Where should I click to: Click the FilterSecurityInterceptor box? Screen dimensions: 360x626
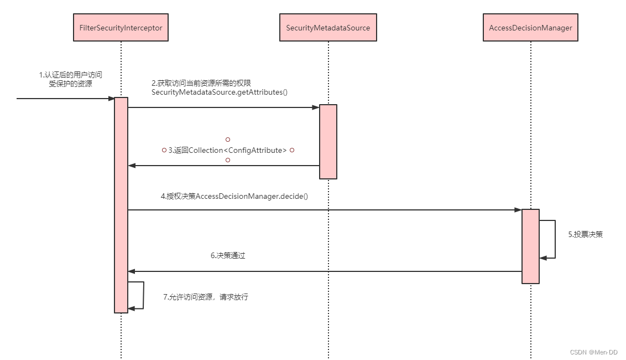[121, 28]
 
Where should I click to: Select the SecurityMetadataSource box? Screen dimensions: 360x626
[328, 28]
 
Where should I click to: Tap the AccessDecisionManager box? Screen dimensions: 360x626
[530, 28]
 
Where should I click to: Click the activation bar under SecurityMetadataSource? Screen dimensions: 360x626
[328, 141]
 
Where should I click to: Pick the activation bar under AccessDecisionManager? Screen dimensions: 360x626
[530, 246]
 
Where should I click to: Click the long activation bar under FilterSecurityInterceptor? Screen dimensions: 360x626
[121, 205]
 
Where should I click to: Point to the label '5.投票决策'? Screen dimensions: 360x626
[585, 234]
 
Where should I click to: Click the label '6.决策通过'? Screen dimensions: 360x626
[228, 256]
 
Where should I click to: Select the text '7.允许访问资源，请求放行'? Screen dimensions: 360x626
[206, 297]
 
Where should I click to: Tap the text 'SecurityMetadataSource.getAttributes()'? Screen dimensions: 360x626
[220, 92]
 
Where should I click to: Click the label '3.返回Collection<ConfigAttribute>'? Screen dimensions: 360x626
[228, 150]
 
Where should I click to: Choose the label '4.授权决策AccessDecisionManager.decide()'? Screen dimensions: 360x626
[234, 196]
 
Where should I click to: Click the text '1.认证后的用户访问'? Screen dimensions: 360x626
[70, 75]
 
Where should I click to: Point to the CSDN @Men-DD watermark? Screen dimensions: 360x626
[593, 352]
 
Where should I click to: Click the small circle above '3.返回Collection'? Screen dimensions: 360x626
[227, 140]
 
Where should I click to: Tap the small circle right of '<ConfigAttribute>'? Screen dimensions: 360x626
[291, 150]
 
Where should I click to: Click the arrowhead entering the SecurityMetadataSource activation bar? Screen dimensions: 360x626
[316, 107]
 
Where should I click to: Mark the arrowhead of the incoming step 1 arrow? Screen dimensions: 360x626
[111, 99]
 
